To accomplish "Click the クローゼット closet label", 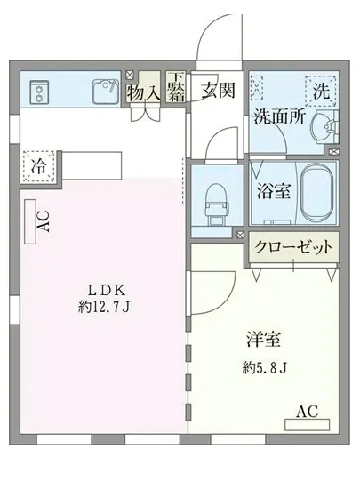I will pos(292,246).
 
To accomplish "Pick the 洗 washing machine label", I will pos(322,89).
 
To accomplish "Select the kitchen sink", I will pos(106,89).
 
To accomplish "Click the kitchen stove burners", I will pos(40,90).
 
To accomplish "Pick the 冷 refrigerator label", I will pos(38,165).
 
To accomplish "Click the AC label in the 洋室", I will pos(307,411).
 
